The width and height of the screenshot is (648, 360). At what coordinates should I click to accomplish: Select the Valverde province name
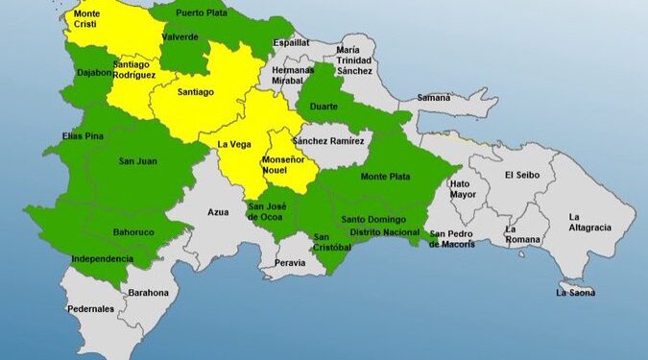pos(180,36)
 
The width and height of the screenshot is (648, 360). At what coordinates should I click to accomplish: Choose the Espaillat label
pos(291,43)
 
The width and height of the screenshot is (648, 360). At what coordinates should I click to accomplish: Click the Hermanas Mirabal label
pos(292,76)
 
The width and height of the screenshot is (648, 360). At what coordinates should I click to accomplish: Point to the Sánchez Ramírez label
pos(329,140)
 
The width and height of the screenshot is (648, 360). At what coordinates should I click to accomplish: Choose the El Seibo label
pos(524,175)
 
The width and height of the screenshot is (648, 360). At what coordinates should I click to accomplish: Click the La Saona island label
pos(575,293)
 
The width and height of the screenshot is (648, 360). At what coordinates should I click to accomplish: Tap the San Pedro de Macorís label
pos(451,238)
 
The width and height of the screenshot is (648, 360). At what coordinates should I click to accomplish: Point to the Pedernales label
pos(90,309)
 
